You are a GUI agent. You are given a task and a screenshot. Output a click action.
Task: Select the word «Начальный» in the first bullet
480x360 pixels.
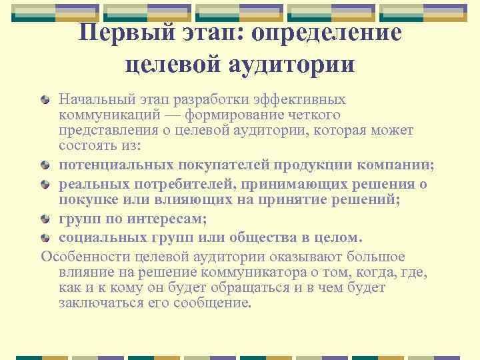[93, 100]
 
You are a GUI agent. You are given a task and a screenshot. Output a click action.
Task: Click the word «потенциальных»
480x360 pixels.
[111, 165]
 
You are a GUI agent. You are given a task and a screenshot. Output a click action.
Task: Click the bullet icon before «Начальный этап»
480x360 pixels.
[45, 101]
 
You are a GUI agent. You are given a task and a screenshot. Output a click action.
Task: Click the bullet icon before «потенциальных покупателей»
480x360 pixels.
[45, 165]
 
